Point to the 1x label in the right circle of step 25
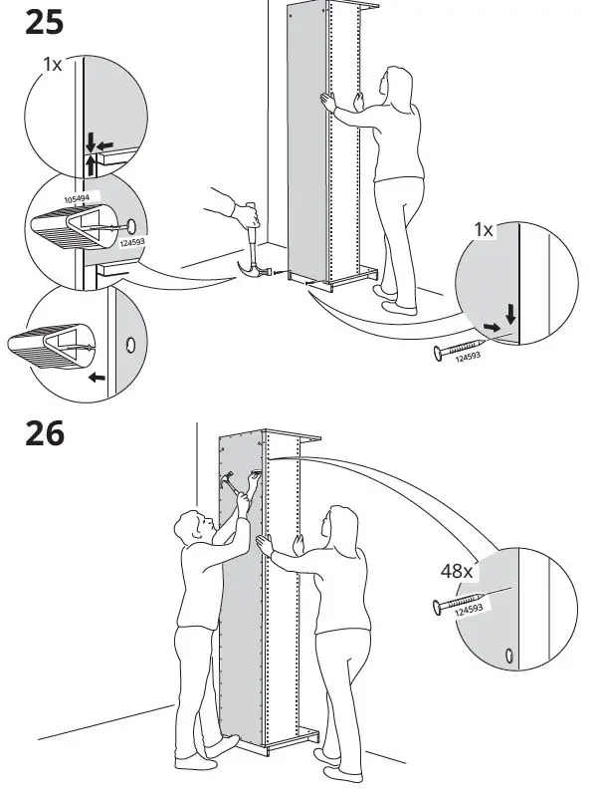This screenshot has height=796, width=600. (483, 230)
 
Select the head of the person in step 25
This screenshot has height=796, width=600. (399, 85)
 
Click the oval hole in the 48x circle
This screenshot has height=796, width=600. (510, 655)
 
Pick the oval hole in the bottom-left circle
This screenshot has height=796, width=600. (128, 346)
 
